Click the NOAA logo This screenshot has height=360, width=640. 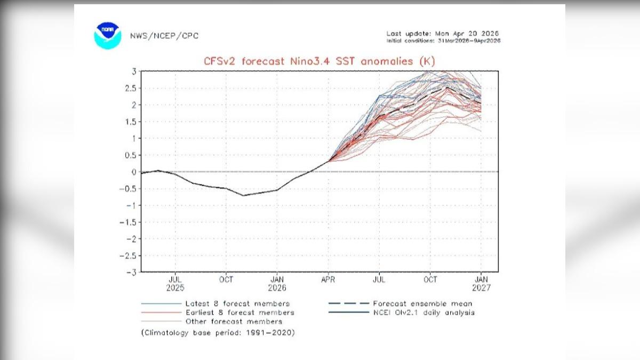(x=108, y=36)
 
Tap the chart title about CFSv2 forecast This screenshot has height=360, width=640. (x=319, y=61)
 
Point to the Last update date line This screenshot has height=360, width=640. (x=443, y=34)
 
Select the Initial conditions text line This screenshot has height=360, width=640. (x=443, y=41)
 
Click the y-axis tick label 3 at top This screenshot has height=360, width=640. (x=135, y=71)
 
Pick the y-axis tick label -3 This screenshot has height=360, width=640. (x=133, y=272)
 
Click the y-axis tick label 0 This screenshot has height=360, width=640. (x=135, y=172)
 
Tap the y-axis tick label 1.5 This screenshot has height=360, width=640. (x=131, y=122)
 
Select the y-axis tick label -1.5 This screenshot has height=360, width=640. (x=130, y=222)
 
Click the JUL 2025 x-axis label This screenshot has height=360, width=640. (x=175, y=283)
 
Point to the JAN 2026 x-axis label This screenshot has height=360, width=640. (x=277, y=283)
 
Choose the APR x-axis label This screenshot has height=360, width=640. (x=328, y=279)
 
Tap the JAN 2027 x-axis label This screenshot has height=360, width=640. (x=481, y=283)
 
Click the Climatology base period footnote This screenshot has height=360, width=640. (x=218, y=333)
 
